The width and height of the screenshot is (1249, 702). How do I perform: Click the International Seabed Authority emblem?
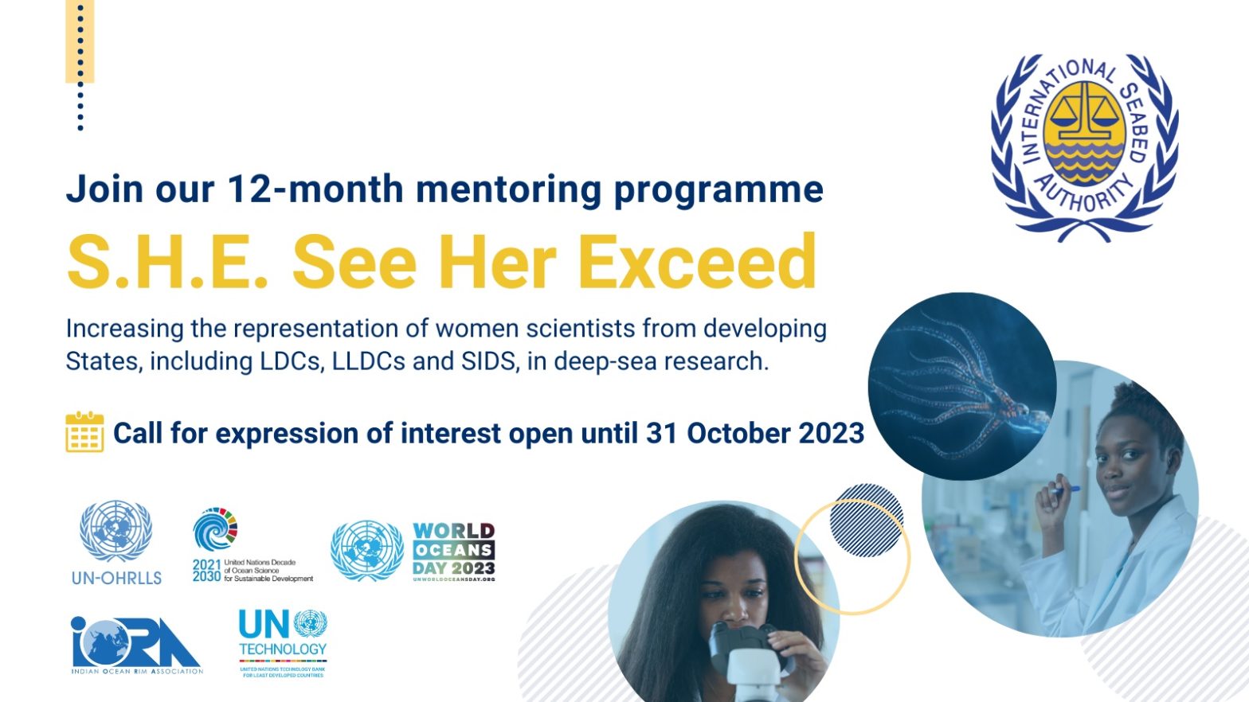click(x=1085, y=147)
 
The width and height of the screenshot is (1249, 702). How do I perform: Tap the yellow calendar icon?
click(x=84, y=432)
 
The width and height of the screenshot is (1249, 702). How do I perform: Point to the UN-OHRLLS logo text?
click(x=116, y=578)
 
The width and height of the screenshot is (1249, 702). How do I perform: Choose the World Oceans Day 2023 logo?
click(x=453, y=551)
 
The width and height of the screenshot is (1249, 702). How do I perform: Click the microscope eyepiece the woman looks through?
click(x=733, y=637)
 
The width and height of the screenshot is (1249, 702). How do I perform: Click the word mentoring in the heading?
click(x=508, y=189)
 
